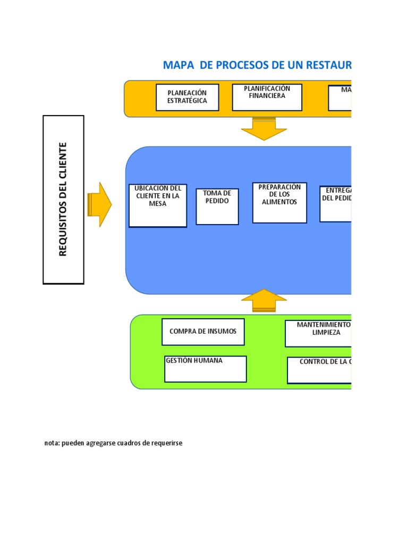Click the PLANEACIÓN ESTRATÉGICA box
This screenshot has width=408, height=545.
click(187, 97)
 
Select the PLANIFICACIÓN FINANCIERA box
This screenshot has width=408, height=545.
click(267, 97)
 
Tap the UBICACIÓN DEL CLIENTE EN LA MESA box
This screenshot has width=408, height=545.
click(158, 205)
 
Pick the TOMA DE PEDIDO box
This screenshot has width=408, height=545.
click(217, 206)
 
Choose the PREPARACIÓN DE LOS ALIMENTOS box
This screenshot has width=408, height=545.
click(279, 202)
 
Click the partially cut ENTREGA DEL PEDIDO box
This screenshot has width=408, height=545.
click(336, 203)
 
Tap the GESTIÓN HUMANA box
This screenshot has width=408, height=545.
click(205, 369)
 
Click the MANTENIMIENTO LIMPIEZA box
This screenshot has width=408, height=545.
click(318, 333)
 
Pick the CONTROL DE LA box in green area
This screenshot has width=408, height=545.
click(319, 370)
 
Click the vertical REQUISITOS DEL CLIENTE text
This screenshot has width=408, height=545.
click(63, 200)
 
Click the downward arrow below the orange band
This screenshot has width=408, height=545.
click(263, 129)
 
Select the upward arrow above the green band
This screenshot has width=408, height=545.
click(263, 302)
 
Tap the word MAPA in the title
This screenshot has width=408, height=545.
click(180, 65)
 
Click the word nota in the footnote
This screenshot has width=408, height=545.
click(52, 443)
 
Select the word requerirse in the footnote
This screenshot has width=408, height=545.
click(165, 443)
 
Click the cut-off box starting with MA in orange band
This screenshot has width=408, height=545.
click(340, 97)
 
